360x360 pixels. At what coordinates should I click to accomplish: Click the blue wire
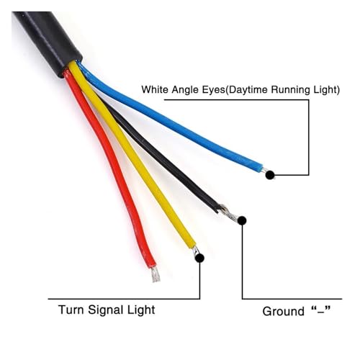tap(168, 117)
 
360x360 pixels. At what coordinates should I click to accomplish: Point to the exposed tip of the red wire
tap(156, 274)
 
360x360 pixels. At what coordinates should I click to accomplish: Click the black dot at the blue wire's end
tap(270, 175)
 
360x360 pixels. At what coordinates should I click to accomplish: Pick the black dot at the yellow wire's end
tap(199, 258)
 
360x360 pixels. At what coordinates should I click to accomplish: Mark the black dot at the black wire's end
tap(243, 220)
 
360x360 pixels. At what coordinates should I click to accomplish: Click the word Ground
tap(283, 311)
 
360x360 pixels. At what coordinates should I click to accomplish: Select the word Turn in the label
tap(71, 310)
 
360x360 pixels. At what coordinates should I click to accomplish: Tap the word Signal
tap(105, 310)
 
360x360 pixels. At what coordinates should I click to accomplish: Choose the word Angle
tap(185, 90)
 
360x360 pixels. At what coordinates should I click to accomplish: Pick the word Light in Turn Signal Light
tap(141, 310)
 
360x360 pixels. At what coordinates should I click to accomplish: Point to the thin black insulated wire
tap(156, 153)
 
